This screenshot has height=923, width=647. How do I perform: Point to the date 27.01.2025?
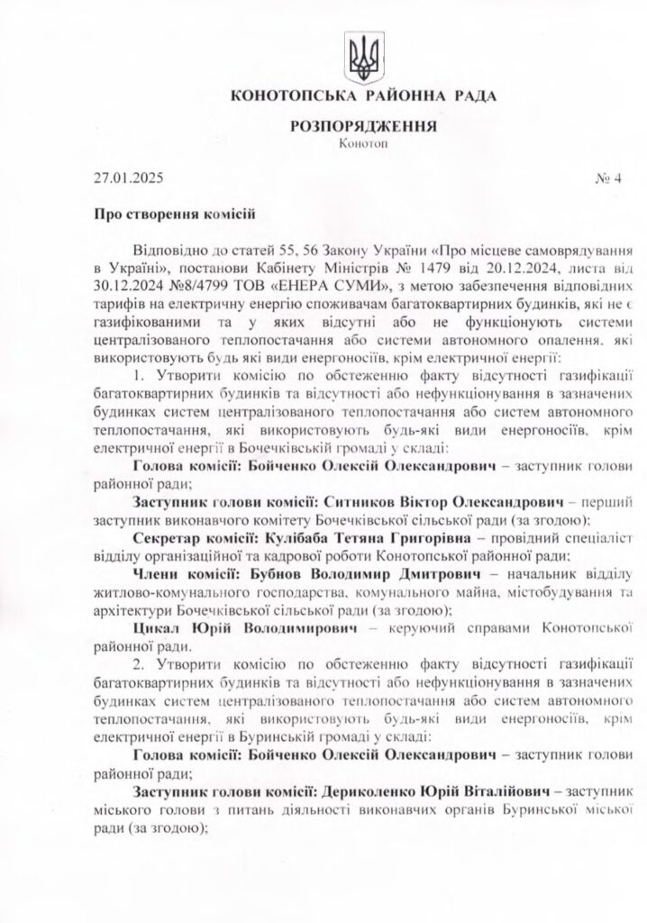130,178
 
